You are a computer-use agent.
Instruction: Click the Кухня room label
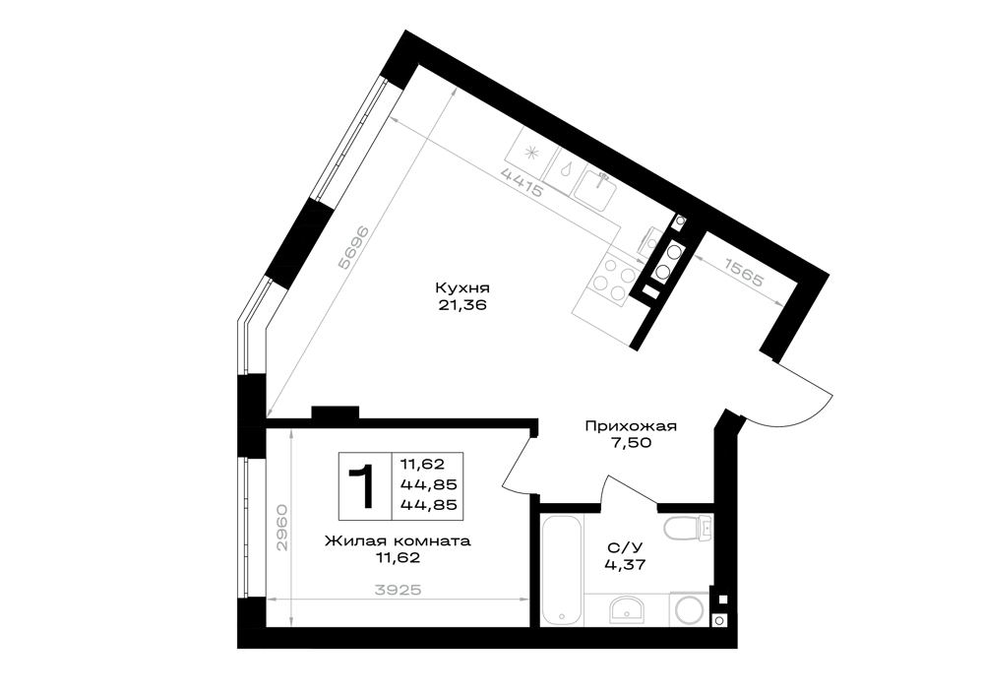[x=462, y=288]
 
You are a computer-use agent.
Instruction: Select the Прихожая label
[x=631, y=427]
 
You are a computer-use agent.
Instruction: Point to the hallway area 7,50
[x=632, y=443]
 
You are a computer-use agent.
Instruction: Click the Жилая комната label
[x=398, y=541]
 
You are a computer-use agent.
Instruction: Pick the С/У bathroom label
[x=625, y=546]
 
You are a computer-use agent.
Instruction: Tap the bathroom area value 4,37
[x=625, y=564]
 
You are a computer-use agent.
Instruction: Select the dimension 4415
[x=522, y=183]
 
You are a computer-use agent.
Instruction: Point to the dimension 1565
[x=745, y=273]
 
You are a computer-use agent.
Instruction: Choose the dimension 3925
[x=397, y=590]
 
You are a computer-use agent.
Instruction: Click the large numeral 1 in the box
[x=363, y=485]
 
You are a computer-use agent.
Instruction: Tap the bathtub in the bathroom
[x=562, y=569]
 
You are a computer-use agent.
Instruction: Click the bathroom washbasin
[x=626, y=610]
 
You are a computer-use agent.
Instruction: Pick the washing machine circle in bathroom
[x=690, y=609]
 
